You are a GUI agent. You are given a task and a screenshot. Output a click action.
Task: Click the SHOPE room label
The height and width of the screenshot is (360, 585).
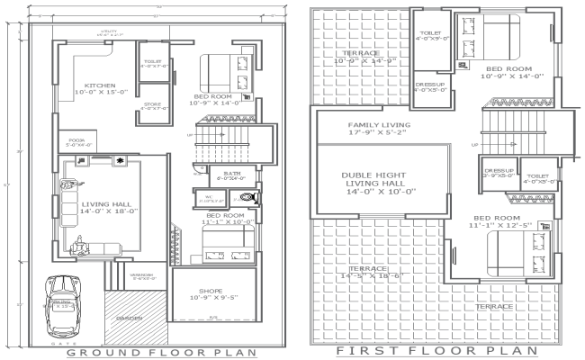[211, 292]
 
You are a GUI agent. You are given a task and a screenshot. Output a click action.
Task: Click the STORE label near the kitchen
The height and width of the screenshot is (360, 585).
[153, 104]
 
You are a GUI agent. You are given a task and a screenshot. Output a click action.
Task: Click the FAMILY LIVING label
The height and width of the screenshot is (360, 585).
[379, 125]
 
